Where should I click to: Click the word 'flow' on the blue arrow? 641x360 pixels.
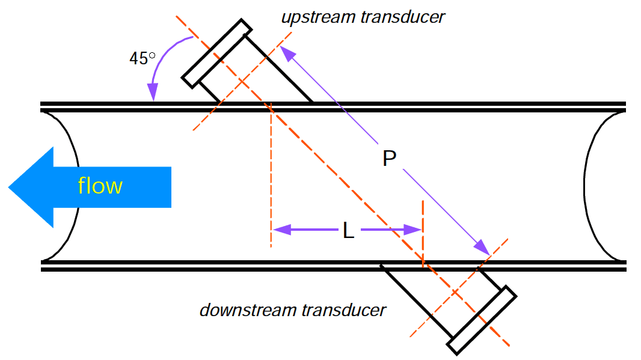[100, 186]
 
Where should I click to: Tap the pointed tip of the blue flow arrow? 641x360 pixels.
[10, 187]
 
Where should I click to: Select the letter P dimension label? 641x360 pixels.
[389, 159]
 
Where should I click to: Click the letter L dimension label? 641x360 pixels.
[348, 230]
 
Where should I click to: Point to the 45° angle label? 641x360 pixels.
[143, 58]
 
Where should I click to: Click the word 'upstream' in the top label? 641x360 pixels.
[318, 17]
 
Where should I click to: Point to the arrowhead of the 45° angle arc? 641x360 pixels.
[153, 93]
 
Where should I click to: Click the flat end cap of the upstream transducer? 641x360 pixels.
[217, 53]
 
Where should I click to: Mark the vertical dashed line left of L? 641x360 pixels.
[271, 180]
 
